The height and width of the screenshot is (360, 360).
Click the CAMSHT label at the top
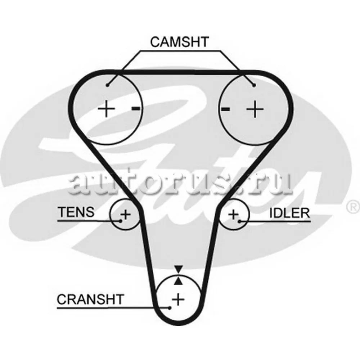(x=179, y=42)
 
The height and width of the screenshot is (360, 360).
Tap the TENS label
(x=76, y=212)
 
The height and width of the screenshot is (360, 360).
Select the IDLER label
(x=289, y=213)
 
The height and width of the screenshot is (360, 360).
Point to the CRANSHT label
(x=90, y=299)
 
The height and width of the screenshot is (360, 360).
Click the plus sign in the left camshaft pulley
(x=106, y=108)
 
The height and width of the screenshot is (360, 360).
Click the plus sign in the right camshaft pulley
(x=255, y=109)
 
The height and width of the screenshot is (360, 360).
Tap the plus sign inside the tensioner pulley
(x=125, y=214)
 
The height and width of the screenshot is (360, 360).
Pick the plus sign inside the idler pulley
(x=234, y=215)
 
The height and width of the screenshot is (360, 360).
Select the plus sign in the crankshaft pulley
(x=178, y=299)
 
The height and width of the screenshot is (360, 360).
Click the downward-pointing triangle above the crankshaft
(x=179, y=269)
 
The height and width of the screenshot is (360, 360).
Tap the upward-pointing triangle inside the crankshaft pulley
(x=179, y=281)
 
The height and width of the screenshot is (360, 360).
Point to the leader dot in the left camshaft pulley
(x=107, y=85)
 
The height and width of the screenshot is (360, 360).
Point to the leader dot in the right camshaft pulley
(x=254, y=85)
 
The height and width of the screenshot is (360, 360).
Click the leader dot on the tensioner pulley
(x=120, y=221)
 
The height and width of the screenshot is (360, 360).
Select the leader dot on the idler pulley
(x=239, y=221)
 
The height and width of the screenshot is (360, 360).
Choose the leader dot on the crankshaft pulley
(x=170, y=308)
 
